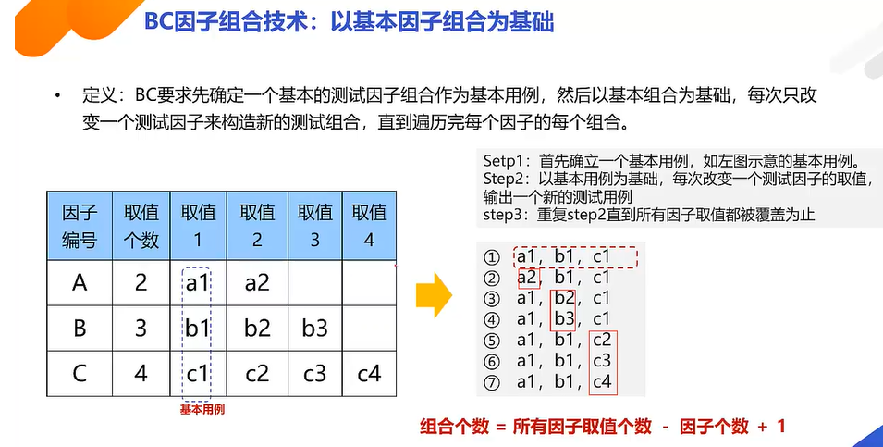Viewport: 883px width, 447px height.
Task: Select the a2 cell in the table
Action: pyautogui.click(x=257, y=283)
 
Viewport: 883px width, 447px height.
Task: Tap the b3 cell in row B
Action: pyautogui.click(x=315, y=329)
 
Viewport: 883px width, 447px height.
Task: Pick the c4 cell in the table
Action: pyautogui.click(x=369, y=374)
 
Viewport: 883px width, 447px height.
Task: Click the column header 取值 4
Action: pyautogui.click(x=369, y=225)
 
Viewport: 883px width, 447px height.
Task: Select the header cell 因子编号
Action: pyautogui.click(x=80, y=225)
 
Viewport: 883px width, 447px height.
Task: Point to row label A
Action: pyautogui.click(x=80, y=283)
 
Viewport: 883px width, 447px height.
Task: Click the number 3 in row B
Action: pyautogui.click(x=141, y=329)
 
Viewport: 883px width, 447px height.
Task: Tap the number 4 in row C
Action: pyautogui.click(x=141, y=374)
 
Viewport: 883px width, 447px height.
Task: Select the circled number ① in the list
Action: pyautogui.click(x=492, y=257)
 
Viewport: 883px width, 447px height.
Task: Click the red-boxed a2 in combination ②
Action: pyautogui.click(x=528, y=277)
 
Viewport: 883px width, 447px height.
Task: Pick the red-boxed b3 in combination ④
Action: pyautogui.click(x=564, y=318)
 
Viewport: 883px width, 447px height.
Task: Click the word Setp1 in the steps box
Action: pyautogui.click(x=503, y=157)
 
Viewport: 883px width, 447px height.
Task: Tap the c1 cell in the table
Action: pyautogui.click(x=198, y=374)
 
